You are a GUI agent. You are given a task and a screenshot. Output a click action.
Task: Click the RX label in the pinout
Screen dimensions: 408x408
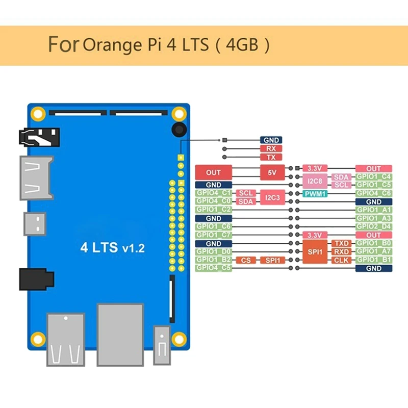click(x=271, y=148)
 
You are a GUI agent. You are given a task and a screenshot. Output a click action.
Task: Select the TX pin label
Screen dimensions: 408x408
click(x=271, y=157)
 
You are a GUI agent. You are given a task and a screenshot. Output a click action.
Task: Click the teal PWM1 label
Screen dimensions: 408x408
click(x=315, y=193)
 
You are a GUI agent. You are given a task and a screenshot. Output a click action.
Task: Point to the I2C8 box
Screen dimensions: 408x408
click(x=315, y=181)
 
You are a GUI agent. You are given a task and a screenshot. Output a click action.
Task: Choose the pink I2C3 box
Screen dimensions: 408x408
click(x=271, y=197)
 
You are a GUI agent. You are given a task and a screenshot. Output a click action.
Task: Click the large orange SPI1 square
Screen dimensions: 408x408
click(x=315, y=251)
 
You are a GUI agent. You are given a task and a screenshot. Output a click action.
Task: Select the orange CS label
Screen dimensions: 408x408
click(x=246, y=260)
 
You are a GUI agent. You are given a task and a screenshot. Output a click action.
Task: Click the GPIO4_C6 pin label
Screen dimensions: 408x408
click(x=373, y=193)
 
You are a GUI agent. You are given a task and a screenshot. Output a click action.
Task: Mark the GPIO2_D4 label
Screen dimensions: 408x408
click(x=373, y=226)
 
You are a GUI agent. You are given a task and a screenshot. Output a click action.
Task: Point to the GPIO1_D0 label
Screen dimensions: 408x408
click(x=214, y=251)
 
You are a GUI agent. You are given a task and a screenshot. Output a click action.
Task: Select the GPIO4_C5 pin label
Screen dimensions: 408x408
click(x=214, y=268)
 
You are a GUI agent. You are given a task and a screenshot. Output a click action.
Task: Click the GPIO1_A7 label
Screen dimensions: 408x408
click(x=373, y=251)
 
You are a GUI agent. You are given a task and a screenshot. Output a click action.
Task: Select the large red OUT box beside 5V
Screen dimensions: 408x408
click(x=214, y=173)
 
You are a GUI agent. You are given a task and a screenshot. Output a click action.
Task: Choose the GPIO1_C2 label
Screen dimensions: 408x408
click(x=214, y=210)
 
